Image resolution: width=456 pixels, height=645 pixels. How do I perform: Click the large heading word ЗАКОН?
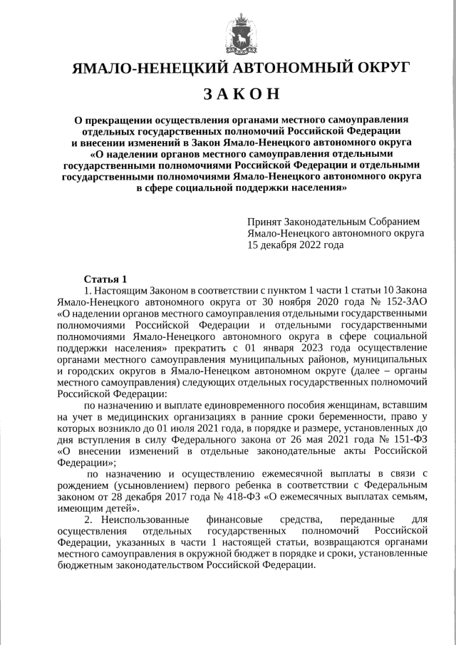[x=242, y=94]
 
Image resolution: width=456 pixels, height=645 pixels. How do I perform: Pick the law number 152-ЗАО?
[x=404, y=301]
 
